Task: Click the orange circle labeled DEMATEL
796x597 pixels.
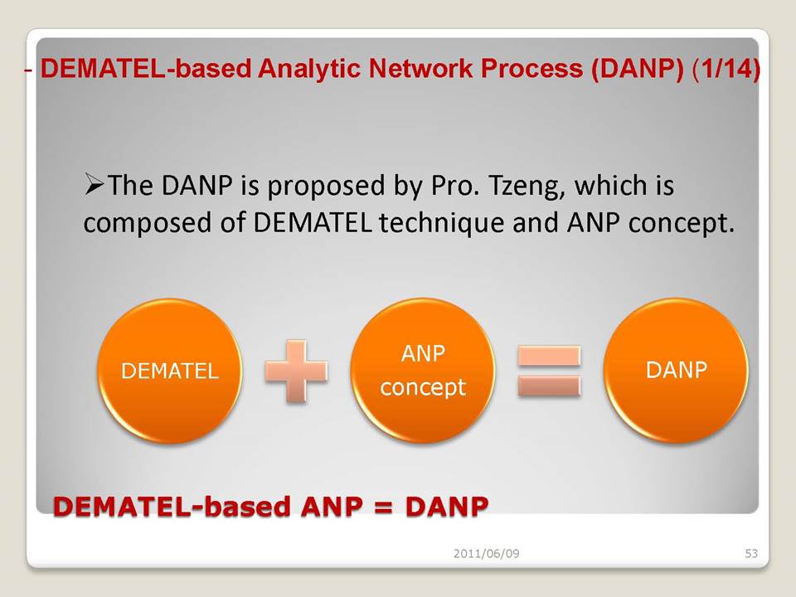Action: click(x=169, y=371)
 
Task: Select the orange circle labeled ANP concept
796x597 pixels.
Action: click(x=422, y=371)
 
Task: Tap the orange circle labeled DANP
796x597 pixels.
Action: click(x=676, y=371)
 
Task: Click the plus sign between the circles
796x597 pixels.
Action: click(x=296, y=371)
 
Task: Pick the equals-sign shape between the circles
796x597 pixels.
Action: click(x=549, y=371)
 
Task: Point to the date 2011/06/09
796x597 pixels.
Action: click(x=487, y=553)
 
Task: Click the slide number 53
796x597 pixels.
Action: click(x=751, y=553)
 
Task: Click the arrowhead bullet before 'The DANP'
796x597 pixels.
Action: click(x=94, y=184)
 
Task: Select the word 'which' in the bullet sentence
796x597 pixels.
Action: click(x=610, y=185)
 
